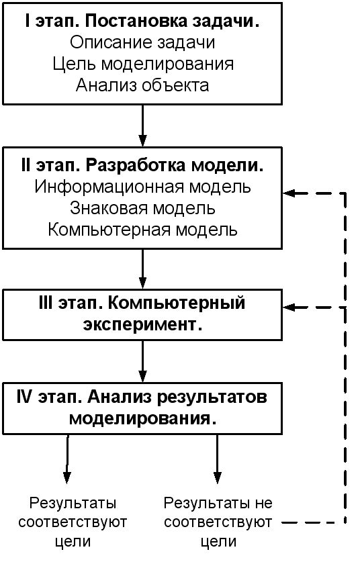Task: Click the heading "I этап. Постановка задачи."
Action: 142,21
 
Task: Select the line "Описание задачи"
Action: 142,42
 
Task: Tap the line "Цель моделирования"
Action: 143,64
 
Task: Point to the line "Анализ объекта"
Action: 142,85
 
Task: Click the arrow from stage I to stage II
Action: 143,126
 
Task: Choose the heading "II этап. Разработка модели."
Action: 142,165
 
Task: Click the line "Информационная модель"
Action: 143,187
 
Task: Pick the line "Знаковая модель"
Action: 142,208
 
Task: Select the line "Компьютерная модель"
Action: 143,230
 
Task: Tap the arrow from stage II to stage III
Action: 143,269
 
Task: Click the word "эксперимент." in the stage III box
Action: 143,325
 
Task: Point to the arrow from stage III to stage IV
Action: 143,361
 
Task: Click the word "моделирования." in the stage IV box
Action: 143,419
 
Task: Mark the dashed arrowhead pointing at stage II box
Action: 289,193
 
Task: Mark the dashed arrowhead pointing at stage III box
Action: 289,308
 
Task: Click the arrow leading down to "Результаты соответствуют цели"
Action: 67,459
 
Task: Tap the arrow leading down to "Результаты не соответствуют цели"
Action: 217,459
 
